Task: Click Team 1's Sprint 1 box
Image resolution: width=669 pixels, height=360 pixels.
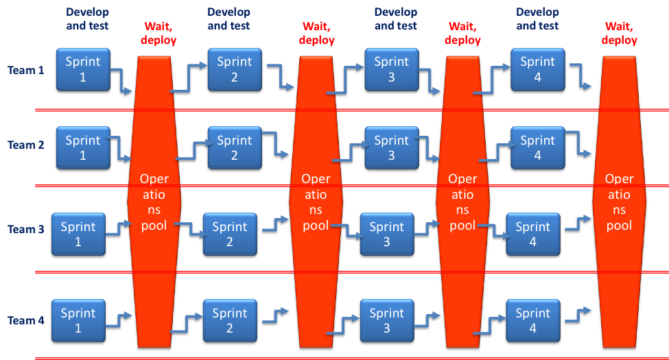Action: (83, 69)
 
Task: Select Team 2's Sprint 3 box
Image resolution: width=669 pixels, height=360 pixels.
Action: (391, 148)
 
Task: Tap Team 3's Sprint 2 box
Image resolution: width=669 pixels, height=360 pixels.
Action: (230, 234)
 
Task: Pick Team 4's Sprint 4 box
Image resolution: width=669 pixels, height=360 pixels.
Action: (533, 321)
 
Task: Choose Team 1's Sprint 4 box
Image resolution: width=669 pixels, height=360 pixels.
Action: (537, 69)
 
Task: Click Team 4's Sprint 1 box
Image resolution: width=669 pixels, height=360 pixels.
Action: (78, 321)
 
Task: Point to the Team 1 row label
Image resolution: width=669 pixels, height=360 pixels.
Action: (26, 70)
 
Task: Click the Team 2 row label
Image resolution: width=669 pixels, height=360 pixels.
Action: (26, 145)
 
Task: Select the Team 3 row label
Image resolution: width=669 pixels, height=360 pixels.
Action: (26, 230)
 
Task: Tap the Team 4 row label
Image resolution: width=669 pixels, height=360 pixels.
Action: (26, 321)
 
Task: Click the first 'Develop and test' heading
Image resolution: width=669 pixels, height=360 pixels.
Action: (88, 19)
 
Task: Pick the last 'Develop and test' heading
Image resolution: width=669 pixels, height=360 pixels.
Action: (537, 19)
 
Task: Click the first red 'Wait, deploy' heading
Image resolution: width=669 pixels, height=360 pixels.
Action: (160, 34)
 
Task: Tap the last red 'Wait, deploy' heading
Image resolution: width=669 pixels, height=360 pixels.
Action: (620, 34)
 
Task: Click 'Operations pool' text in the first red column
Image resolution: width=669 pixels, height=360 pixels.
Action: (154, 202)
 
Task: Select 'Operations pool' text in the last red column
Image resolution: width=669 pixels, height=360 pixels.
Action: (619, 202)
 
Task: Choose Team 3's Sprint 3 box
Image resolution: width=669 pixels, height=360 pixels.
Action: (387, 234)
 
